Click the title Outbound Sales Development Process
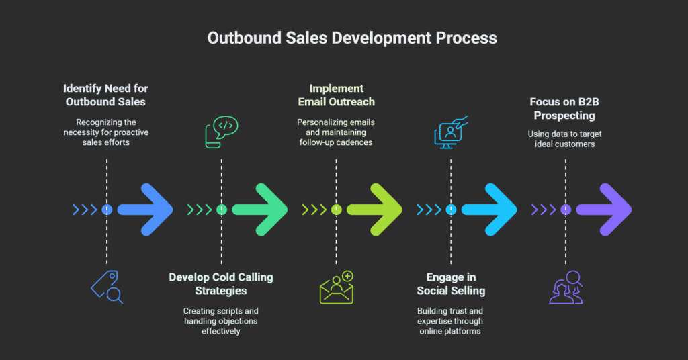pyautogui.click(x=352, y=38)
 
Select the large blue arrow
pyautogui.click(x=145, y=210)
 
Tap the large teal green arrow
pyautogui.click(x=260, y=210)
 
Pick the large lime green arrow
pyautogui.click(x=374, y=210)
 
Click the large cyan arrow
pyautogui.click(x=489, y=210)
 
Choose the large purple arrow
pyautogui.click(x=603, y=210)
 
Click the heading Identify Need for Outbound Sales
pyautogui.click(x=105, y=95)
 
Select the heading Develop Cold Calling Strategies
pyautogui.click(x=221, y=283)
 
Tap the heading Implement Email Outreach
pyautogui.click(x=336, y=95)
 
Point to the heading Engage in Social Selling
pyautogui.click(x=451, y=283)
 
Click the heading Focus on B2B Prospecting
pyautogui.click(x=565, y=108)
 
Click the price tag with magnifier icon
pyautogui.click(x=107, y=287)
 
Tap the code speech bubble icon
pyautogui.click(x=221, y=132)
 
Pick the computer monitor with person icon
pyautogui.click(x=451, y=132)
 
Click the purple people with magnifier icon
pyautogui.click(x=566, y=287)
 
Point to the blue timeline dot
pyautogui.click(x=107, y=210)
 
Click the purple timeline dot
pyautogui.click(x=566, y=210)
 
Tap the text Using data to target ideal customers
pyautogui.click(x=565, y=139)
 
